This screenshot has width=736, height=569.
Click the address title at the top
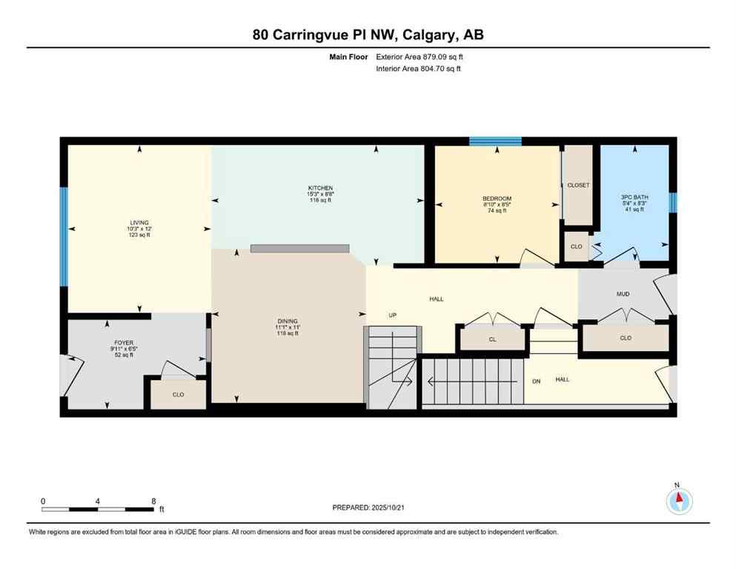tap(368, 35)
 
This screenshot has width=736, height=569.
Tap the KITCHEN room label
tap(321, 188)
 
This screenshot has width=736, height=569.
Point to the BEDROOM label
tap(497, 199)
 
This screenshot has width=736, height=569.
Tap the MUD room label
tap(623, 294)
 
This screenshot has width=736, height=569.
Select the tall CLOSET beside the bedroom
tap(578, 184)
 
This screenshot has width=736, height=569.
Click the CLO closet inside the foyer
tap(178, 394)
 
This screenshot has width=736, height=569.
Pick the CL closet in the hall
tap(492, 340)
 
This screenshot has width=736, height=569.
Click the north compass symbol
tap(679, 502)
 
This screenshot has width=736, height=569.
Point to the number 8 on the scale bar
tap(153, 501)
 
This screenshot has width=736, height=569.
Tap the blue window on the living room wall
tap(64, 237)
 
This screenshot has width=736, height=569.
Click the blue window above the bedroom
tap(495, 141)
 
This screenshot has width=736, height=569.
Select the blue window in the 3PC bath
tap(672, 202)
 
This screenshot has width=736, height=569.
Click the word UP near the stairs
tap(393, 315)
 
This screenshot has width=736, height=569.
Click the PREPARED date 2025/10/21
tap(371, 508)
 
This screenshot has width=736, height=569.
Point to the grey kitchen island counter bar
tap(299, 248)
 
